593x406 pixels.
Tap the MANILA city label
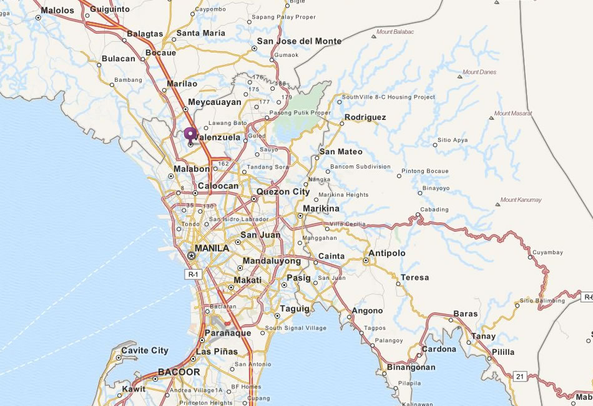click(212, 248)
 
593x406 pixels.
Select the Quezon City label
click(283, 192)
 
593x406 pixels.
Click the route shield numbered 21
click(519, 376)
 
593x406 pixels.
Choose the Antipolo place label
click(387, 253)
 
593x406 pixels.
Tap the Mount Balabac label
click(395, 32)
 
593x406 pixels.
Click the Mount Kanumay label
click(521, 200)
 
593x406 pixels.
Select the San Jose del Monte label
click(299, 41)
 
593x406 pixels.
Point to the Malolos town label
click(57, 10)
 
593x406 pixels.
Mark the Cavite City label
click(144, 350)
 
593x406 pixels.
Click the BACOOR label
click(179, 372)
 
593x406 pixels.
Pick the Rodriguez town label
click(365, 117)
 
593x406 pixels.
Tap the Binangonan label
click(411, 367)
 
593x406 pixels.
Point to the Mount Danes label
click(479, 72)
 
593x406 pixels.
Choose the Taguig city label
click(295, 309)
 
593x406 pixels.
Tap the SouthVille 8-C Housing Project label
click(388, 97)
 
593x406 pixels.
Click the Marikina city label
click(321, 209)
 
